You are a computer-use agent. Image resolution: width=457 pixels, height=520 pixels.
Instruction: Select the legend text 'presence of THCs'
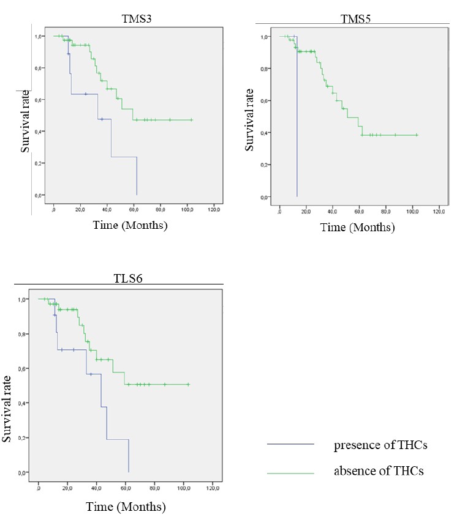coord(380,445)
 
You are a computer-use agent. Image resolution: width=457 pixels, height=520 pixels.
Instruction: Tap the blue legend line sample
coord(290,445)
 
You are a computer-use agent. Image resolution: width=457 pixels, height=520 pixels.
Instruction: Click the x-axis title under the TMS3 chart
coord(130,225)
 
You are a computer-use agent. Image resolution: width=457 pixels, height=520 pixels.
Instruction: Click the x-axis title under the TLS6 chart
coord(127,507)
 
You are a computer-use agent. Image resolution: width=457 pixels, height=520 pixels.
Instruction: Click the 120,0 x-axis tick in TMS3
coord(214,210)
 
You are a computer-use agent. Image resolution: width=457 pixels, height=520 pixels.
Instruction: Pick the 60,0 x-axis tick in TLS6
coord(126,488)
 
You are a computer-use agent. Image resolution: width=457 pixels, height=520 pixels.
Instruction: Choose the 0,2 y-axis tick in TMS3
coord(39,163)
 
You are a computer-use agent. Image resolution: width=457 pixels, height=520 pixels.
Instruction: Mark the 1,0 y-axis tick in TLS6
coord(23,299)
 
